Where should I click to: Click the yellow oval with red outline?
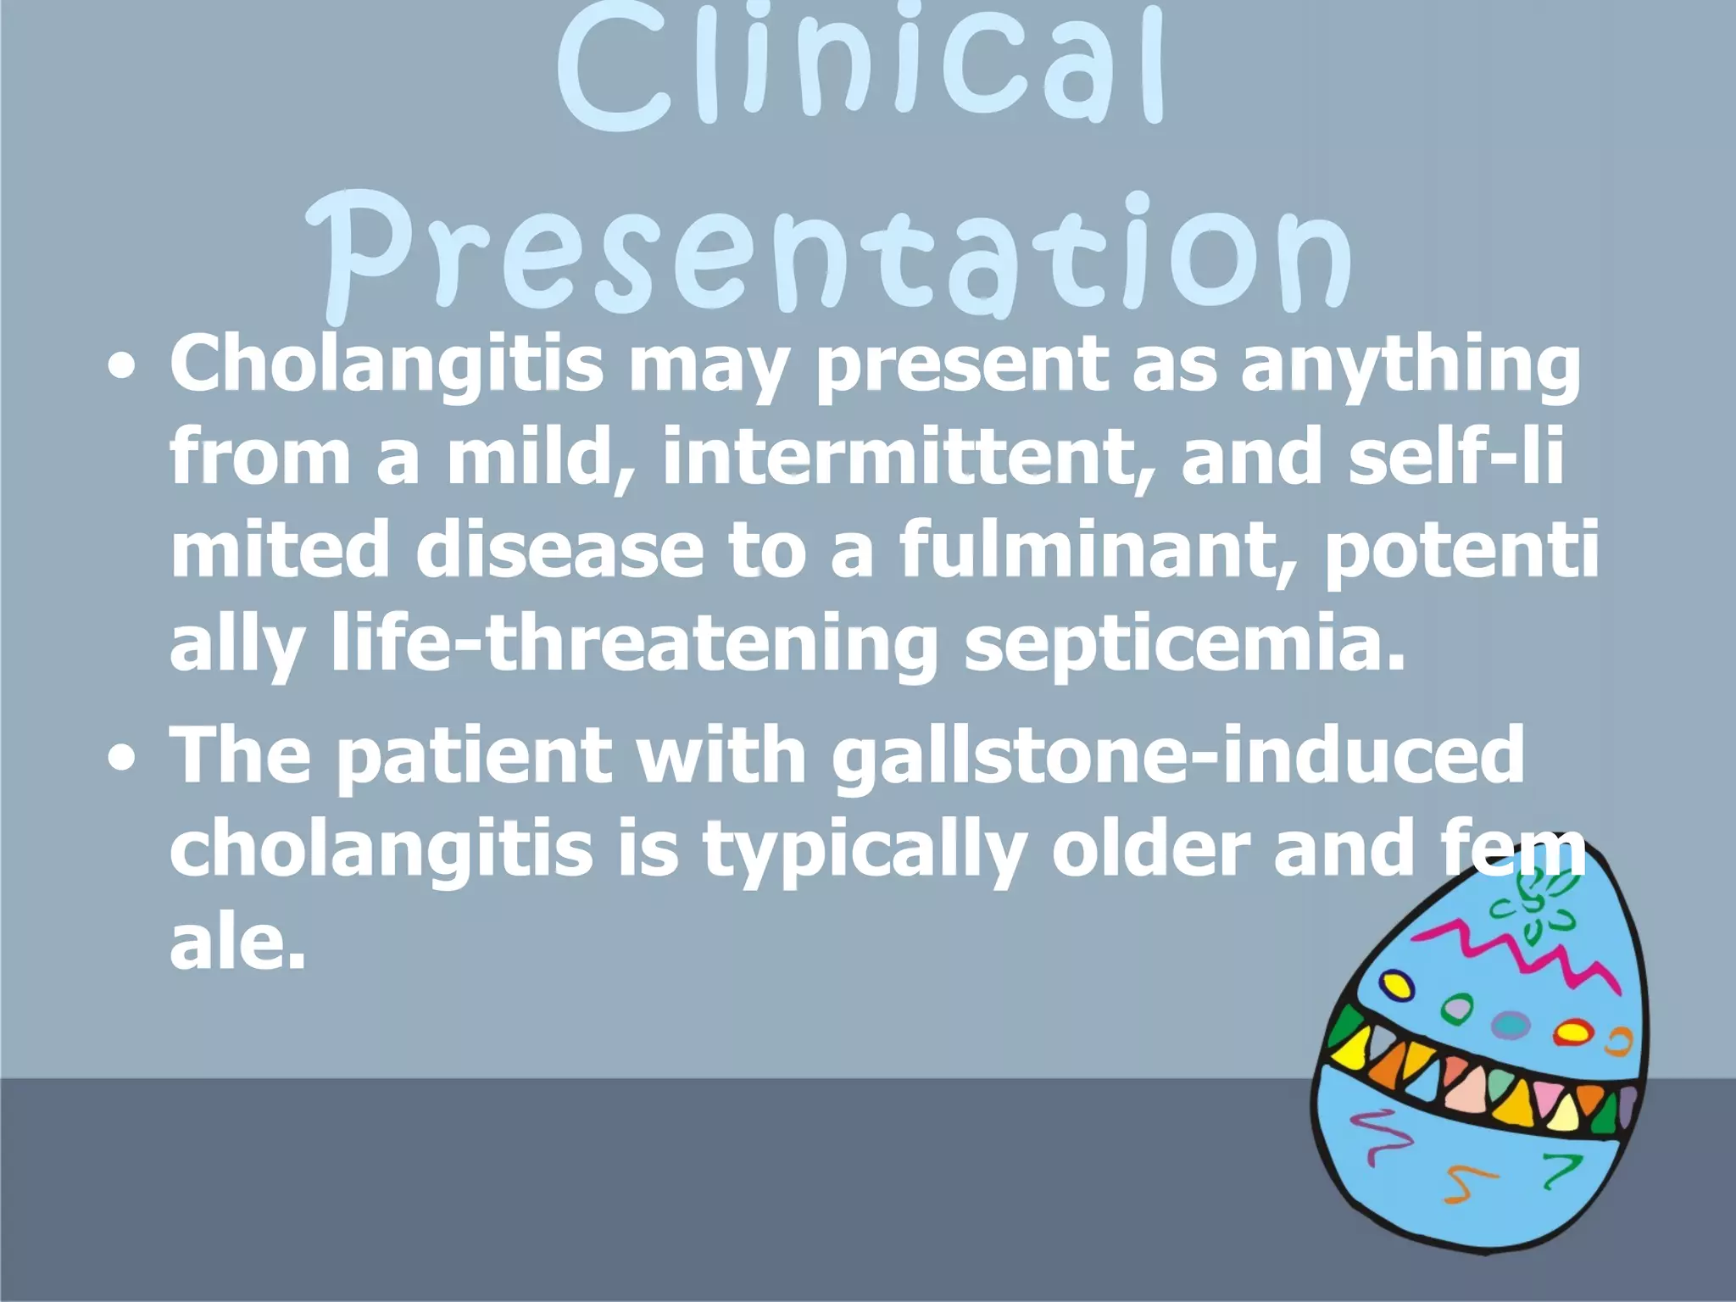coord(1571,1032)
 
